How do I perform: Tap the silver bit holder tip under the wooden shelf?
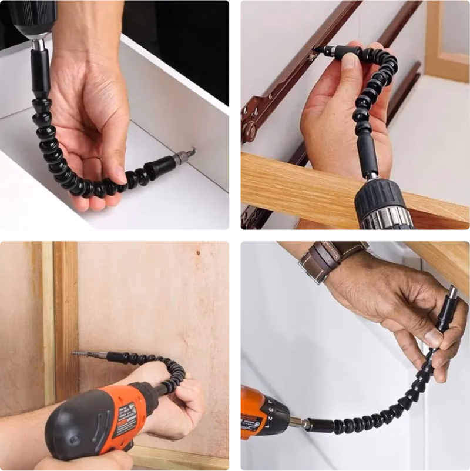tap(452, 293)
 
